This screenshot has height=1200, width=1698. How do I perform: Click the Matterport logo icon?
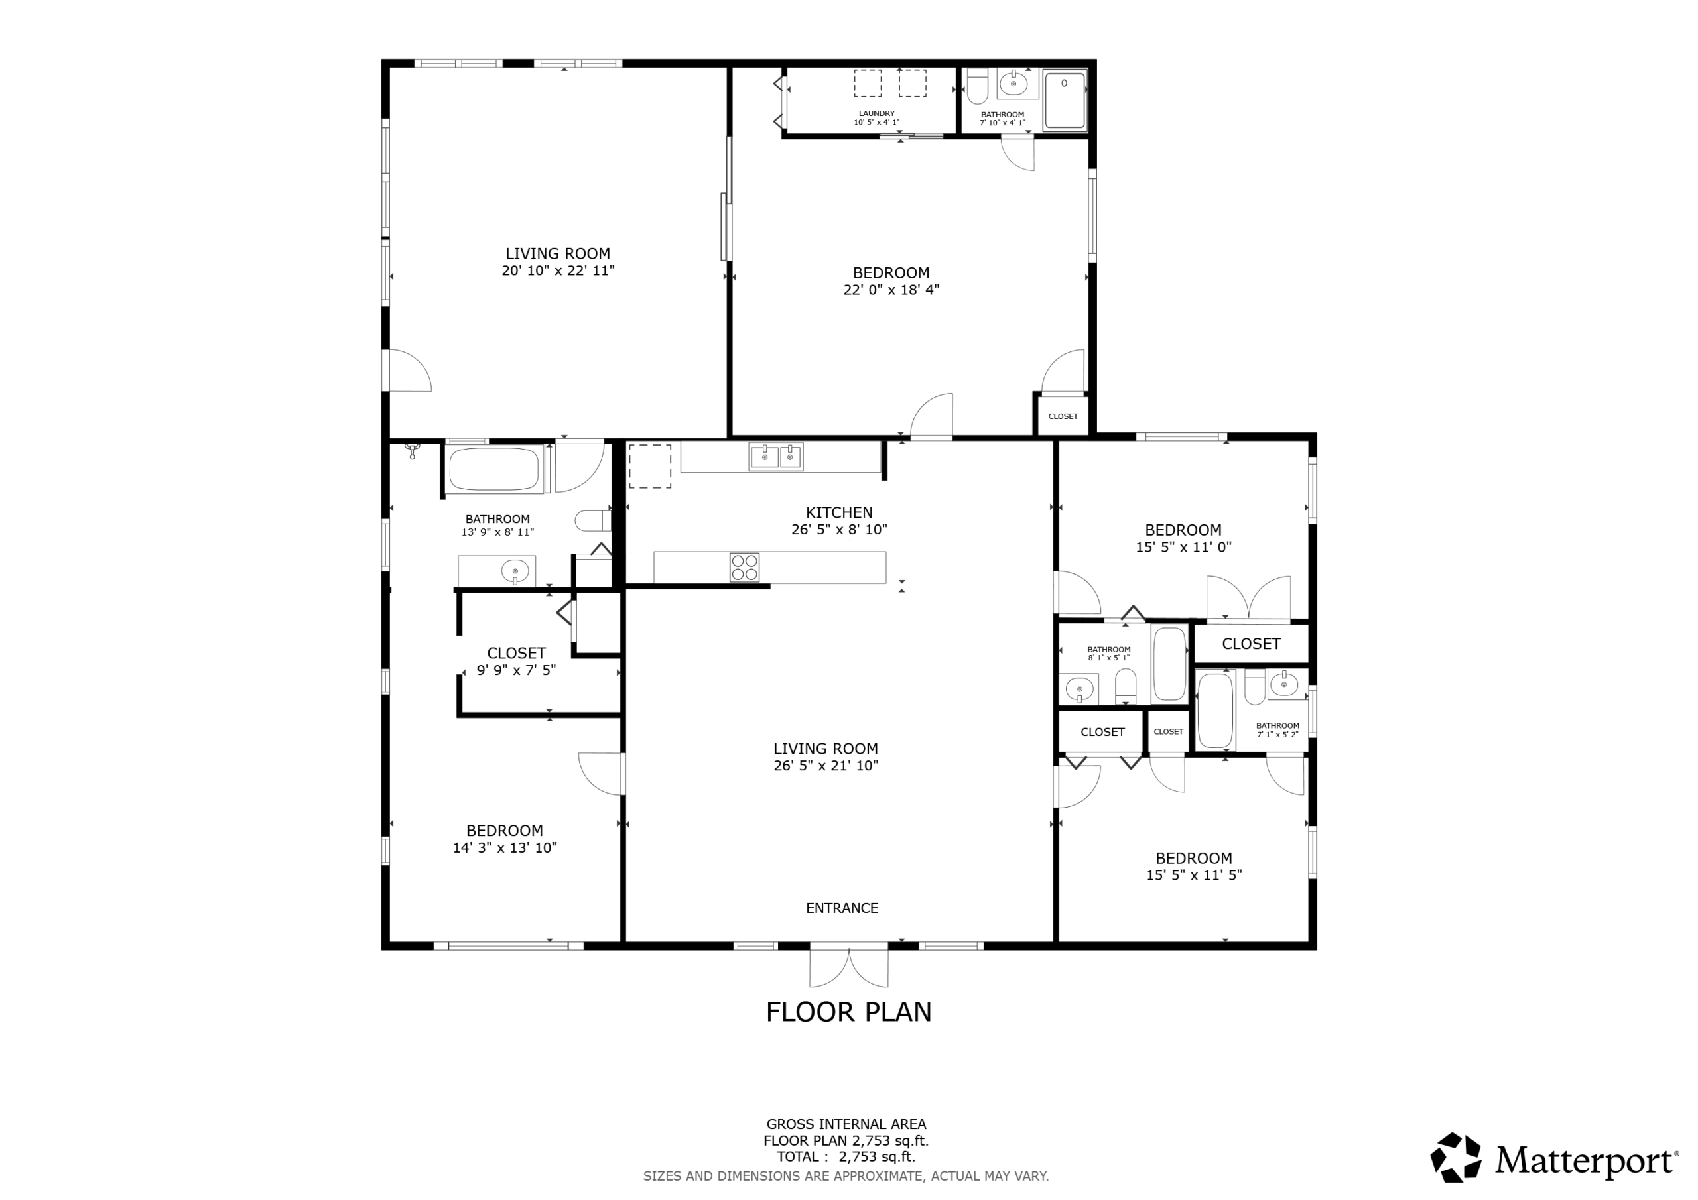1455,1157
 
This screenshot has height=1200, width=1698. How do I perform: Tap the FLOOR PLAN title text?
848,1012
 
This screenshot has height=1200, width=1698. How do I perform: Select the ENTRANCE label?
842,908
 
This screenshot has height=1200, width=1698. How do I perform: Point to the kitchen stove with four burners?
744,568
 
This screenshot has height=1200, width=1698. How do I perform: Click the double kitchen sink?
776,457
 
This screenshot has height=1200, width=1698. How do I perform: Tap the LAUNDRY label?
876,114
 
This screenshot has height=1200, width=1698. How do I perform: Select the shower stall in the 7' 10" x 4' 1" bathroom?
1065,101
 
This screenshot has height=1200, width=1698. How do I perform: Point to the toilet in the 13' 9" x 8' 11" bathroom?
593,520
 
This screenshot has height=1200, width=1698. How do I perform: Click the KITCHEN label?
838,512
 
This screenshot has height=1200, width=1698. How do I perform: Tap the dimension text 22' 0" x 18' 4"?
891,290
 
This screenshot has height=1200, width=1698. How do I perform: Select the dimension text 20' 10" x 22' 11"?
558,270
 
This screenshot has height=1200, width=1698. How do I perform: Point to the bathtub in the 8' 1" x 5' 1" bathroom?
1169,664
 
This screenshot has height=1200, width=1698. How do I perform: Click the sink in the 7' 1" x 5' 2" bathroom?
1284,685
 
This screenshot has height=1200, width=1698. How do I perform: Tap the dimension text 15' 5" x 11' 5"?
1194,875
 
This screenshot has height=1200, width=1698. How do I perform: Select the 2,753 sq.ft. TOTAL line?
845,1156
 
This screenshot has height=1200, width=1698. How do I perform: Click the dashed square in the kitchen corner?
650,466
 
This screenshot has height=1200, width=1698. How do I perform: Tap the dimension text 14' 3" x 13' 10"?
504,848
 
